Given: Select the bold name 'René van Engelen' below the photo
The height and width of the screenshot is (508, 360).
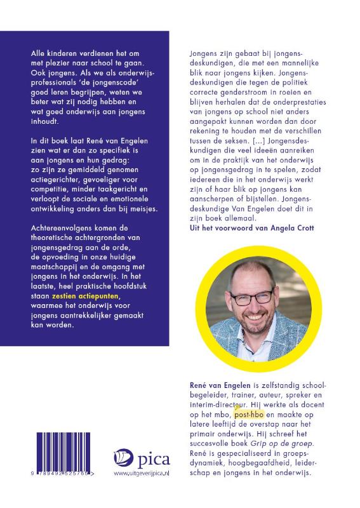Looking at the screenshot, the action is pos(207,385).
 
